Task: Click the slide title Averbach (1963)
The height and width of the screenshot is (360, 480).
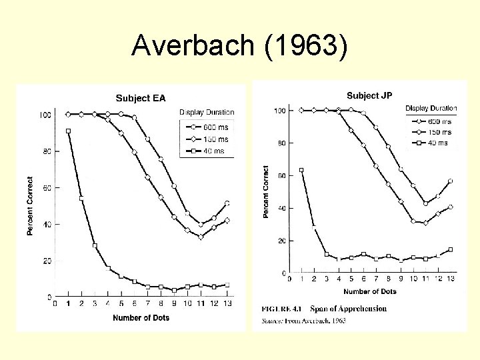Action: [x=239, y=45]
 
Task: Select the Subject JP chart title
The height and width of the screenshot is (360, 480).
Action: [x=369, y=95]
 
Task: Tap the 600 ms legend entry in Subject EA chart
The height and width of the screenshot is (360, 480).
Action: [x=214, y=127]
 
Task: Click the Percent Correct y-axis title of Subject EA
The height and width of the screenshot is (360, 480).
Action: [x=30, y=206]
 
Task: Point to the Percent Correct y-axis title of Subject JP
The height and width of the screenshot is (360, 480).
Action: [x=265, y=192]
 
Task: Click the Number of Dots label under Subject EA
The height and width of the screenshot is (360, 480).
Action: [x=141, y=318]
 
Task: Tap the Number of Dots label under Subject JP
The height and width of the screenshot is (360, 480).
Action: [x=370, y=291]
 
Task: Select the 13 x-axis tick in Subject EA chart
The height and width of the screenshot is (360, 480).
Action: [x=227, y=303]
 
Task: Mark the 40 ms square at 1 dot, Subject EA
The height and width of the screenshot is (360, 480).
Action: [x=68, y=131]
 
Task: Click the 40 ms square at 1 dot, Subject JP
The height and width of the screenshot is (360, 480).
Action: [x=301, y=170]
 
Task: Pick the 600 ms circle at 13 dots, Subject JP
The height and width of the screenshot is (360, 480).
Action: [x=451, y=181]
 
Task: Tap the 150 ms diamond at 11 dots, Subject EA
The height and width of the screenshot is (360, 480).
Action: [x=201, y=237]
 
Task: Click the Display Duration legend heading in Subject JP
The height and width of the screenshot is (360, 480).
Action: [x=431, y=108]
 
